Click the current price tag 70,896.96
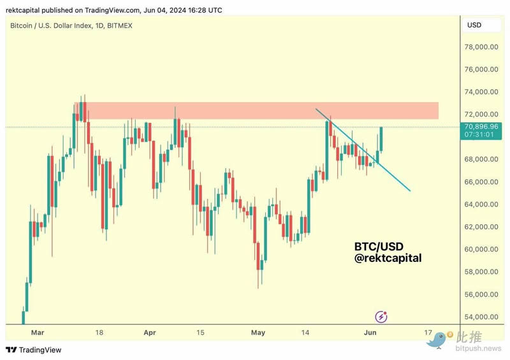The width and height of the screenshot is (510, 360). point(481,127)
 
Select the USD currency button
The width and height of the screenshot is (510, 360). point(474,25)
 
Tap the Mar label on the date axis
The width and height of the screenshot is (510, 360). point(38,333)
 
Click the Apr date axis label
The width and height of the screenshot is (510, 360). point(150,333)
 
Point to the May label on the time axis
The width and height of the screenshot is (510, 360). point(258,333)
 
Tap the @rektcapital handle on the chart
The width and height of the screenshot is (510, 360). point(388,259)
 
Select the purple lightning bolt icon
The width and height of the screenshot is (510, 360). point(381,316)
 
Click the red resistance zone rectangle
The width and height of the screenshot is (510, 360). point(255,110)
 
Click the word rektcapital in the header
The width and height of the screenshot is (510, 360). point(23,10)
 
